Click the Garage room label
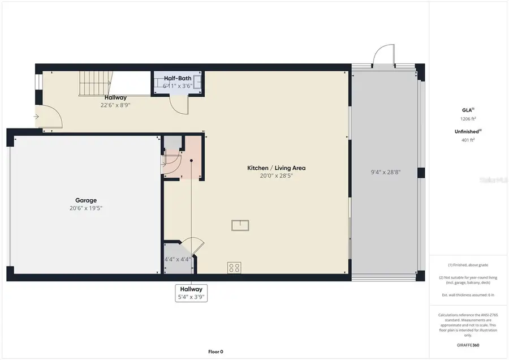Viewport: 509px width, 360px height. coord(86,200)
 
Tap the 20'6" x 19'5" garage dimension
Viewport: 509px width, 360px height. coord(86,208)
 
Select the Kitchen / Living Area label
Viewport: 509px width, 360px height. coord(276,168)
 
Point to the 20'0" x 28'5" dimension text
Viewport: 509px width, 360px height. coord(276,175)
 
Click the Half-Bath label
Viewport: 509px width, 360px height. coord(177,79)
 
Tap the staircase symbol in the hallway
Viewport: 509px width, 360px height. coord(93,84)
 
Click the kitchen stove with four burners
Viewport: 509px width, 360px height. coord(235,267)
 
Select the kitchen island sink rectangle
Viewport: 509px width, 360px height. coord(240,225)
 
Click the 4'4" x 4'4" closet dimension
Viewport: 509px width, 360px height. coord(176,260)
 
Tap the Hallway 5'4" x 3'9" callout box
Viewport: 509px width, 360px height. coord(191,292)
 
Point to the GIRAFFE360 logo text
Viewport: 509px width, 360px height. coord(468,345)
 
